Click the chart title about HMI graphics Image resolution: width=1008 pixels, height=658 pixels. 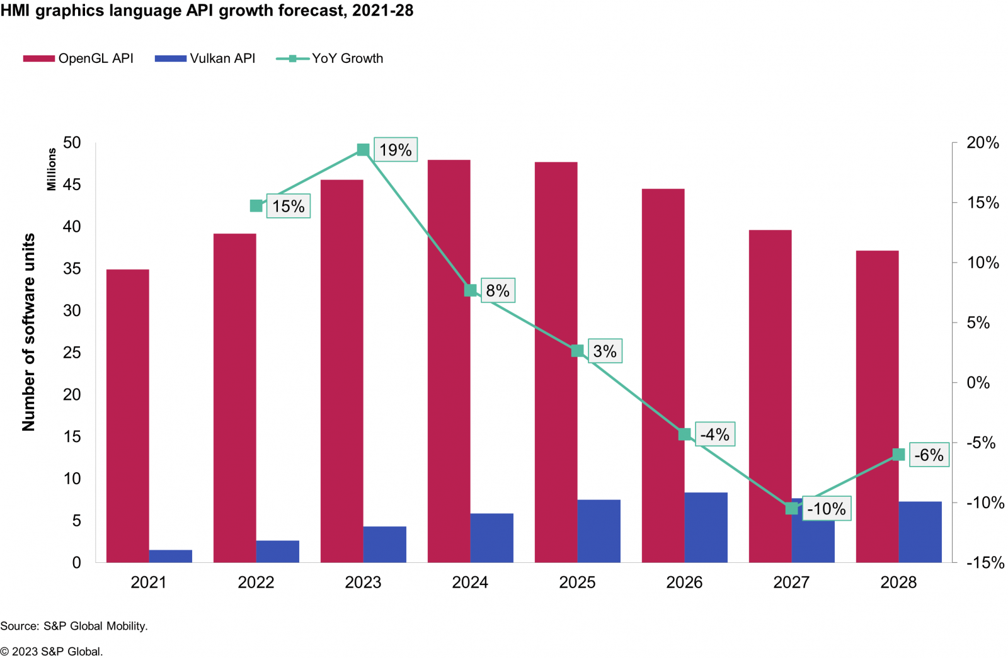tap(207, 11)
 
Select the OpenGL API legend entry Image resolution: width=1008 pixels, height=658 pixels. tap(79, 59)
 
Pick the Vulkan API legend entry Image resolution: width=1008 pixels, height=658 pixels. tap(205, 59)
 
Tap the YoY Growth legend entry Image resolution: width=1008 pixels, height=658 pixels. tap(330, 59)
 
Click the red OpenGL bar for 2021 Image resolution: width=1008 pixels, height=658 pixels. tap(128, 416)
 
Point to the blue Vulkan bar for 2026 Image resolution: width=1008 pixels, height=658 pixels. tap(706, 527)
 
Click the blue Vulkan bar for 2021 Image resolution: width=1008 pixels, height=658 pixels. tap(171, 556)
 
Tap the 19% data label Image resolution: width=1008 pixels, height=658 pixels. tap(396, 150)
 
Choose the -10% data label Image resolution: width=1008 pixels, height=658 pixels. tap(827, 509)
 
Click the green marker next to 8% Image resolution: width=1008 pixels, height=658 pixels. tap(471, 290)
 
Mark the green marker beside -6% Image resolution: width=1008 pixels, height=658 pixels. tap(899, 455)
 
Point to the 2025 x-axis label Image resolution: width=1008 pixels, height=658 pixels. tap(577, 582)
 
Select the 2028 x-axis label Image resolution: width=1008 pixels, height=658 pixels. tap(898, 582)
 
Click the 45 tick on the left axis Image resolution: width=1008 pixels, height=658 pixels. tap(72, 184)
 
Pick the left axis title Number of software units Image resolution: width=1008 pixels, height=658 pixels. tap(29, 332)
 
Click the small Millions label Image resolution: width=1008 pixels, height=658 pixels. tap(52, 169)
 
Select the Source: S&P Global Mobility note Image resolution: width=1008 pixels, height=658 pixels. tap(74, 626)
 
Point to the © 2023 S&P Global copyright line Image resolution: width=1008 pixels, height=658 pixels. tap(52, 652)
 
